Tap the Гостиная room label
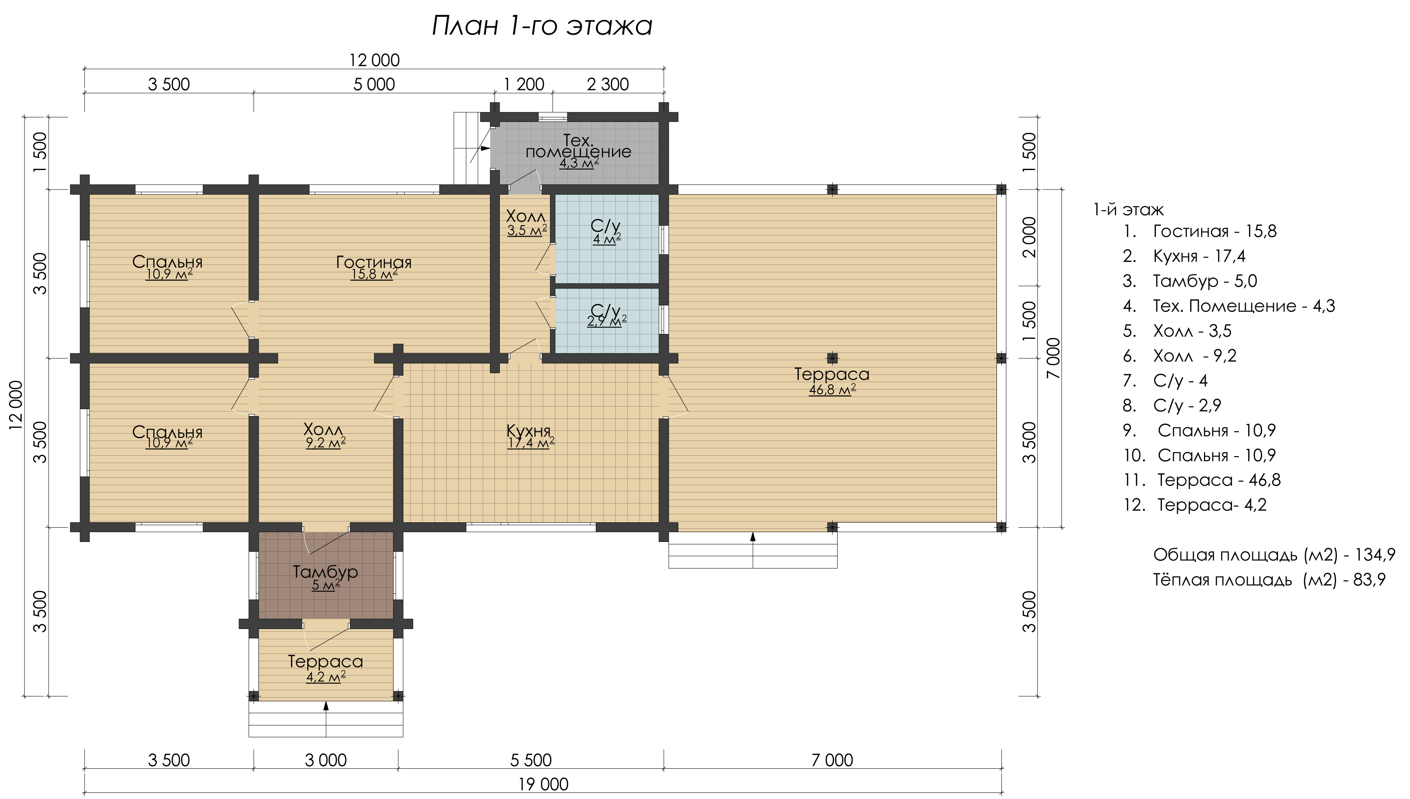pyautogui.click(x=373, y=262)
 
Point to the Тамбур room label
pyautogui.click(x=325, y=572)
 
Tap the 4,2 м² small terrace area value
pyautogui.click(x=326, y=677)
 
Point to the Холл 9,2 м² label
pyautogui.click(x=325, y=436)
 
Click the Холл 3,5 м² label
pyautogui.click(x=527, y=223)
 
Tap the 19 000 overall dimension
pyautogui.click(x=543, y=785)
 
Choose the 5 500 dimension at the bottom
pyautogui.click(x=531, y=760)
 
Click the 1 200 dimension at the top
pyautogui.click(x=524, y=85)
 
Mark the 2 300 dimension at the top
pyautogui.click(x=608, y=85)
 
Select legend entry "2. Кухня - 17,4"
pyautogui.click(x=1184, y=256)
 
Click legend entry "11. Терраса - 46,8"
pyautogui.click(x=1202, y=480)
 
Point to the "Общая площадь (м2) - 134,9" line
pyautogui.click(x=1274, y=555)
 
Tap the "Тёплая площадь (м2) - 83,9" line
pyautogui.click(x=1269, y=580)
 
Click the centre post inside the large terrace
pyautogui.click(x=833, y=358)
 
